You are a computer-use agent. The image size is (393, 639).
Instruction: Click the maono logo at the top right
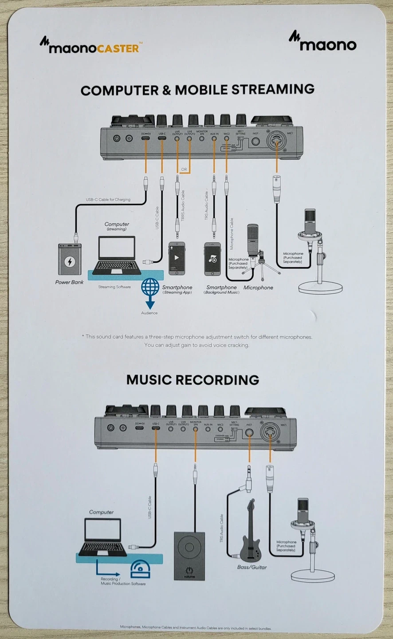pyautogui.click(x=322, y=42)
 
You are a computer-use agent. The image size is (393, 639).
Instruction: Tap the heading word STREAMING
pyautogui.click(x=273, y=90)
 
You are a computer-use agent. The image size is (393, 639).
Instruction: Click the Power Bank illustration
pyautogui.click(x=70, y=259)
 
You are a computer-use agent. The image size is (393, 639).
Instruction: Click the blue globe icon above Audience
pyautogui.click(x=150, y=287)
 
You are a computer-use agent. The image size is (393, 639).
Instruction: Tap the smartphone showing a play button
pyautogui.click(x=177, y=258)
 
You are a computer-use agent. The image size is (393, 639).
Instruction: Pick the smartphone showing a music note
pyautogui.click(x=212, y=259)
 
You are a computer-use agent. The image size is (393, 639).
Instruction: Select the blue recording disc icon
pyautogui.click(x=140, y=569)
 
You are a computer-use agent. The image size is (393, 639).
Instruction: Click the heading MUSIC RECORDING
pyautogui.click(x=193, y=380)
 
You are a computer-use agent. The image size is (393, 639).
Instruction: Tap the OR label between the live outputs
pyautogui.click(x=184, y=170)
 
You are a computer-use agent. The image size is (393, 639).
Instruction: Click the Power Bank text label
pyautogui.click(x=69, y=282)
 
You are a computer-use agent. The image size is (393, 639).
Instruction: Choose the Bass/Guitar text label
pyautogui.click(x=252, y=567)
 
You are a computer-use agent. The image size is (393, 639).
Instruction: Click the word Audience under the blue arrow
pyautogui.click(x=149, y=313)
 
